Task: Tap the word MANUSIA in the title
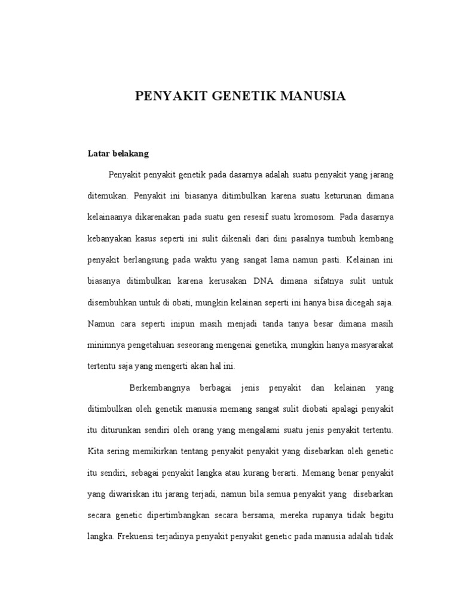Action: coord(307,96)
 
